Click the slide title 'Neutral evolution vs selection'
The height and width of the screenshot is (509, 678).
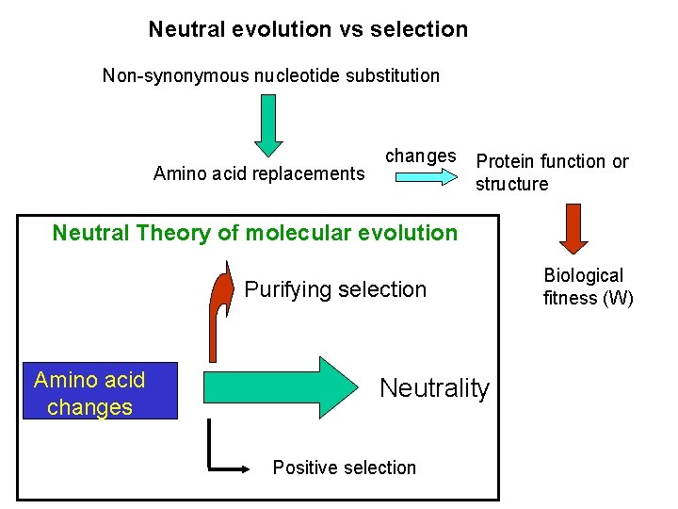tap(308, 29)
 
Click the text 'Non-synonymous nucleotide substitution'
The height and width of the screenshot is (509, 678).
tap(271, 75)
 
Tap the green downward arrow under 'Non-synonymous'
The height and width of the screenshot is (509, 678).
tap(269, 123)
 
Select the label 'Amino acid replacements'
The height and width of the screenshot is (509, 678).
tap(259, 173)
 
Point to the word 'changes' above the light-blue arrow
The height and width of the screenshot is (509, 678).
tap(421, 156)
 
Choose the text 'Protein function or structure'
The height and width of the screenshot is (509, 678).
tap(551, 172)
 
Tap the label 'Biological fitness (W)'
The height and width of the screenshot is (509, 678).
tap(588, 287)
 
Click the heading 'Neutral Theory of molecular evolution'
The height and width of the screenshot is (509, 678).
tap(254, 233)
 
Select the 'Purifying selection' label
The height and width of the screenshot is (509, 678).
tap(335, 289)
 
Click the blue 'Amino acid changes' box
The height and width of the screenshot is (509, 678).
tap(100, 391)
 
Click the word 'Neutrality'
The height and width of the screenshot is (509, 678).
tap(434, 387)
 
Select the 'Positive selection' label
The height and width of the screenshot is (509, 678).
tap(344, 468)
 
